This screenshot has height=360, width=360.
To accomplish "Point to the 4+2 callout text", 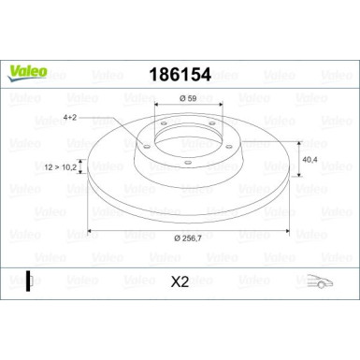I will point(70,117).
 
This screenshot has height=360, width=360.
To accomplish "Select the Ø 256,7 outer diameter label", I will point(187,240).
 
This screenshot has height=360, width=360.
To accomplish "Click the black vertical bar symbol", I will point(29,280).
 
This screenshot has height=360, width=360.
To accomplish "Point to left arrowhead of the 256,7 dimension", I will point(91,230).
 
